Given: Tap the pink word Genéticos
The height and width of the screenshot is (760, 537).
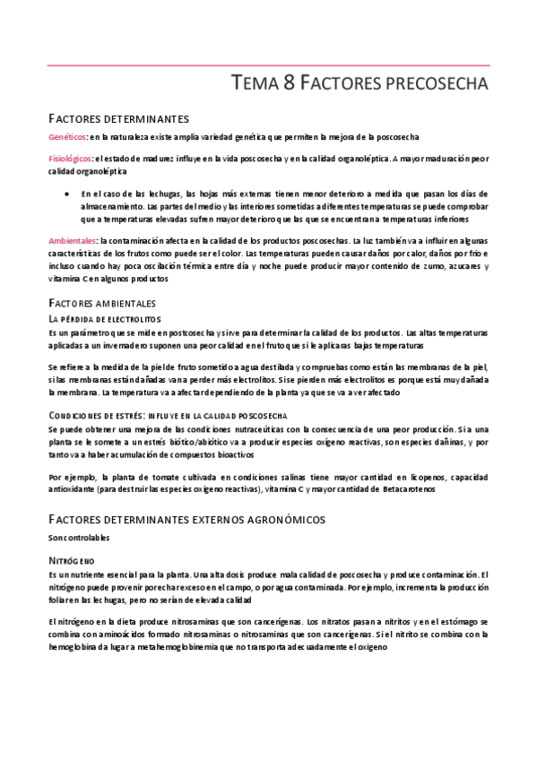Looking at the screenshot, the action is click(x=67, y=136).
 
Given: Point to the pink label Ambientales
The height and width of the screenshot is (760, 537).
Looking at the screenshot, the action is click(x=73, y=241).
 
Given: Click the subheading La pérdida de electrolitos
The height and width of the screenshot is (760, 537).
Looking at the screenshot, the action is click(x=105, y=319).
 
